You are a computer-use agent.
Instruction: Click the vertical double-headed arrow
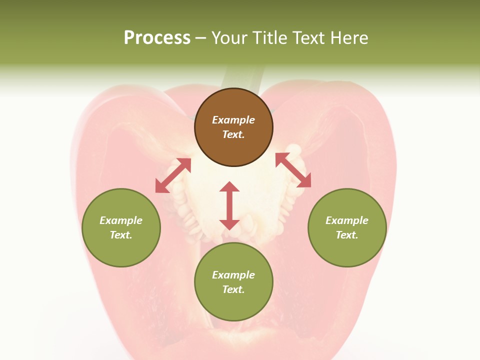(229, 205)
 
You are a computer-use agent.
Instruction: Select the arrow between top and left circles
(173, 175)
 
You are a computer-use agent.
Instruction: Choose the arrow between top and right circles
(293, 170)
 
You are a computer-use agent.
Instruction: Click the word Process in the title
(157, 38)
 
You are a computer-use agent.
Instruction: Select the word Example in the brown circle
(233, 120)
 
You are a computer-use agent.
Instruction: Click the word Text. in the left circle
(121, 235)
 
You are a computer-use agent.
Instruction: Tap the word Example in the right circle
(347, 220)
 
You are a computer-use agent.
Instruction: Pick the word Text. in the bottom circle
(233, 289)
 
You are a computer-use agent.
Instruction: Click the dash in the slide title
(200, 38)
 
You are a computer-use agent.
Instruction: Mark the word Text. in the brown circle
(233, 134)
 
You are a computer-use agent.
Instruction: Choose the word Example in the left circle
(121, 220)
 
